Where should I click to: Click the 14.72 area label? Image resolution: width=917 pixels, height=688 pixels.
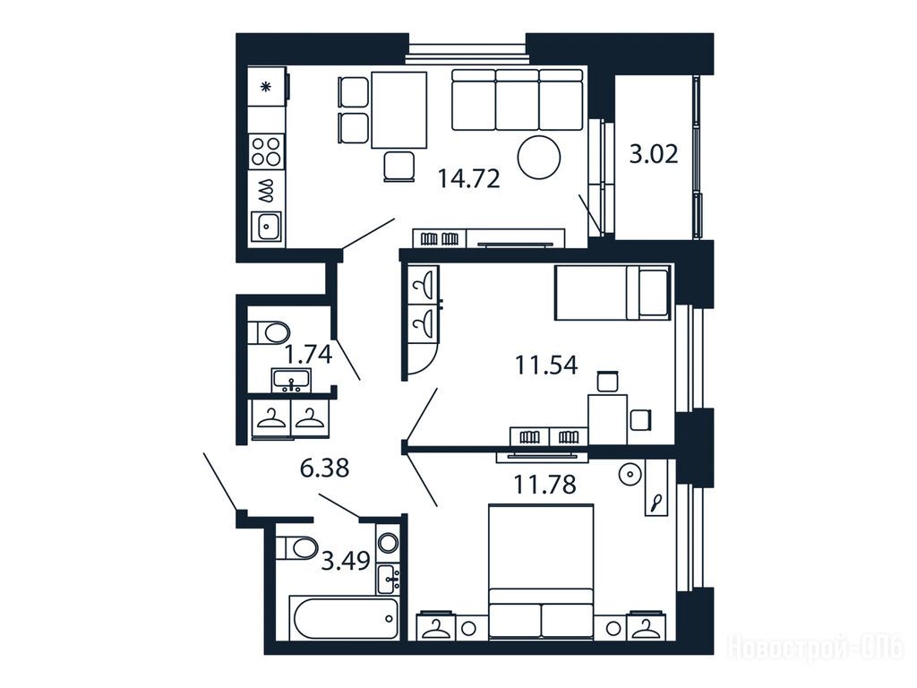[x=469, y=178]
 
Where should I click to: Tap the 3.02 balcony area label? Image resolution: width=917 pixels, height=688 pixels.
[x=654, y=154]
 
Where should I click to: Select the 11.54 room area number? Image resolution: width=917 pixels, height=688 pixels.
[x=546, y=365]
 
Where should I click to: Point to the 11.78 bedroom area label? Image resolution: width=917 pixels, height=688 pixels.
[x=544, y=485]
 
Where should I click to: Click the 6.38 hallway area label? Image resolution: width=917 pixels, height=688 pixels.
[x=324, y=468]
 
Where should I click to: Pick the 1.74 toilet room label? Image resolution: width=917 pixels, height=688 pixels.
[x=308, y=355]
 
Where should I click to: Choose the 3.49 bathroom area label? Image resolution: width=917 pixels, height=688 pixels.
[x=347, y=562]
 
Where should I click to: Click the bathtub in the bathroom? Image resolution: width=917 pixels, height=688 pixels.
[x=345, y=619]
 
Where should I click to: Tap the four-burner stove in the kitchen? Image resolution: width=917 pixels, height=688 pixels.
[x=266, y=150]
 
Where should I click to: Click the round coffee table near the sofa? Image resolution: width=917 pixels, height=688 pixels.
[x=538, y=157]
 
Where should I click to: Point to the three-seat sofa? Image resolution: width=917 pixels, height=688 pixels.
[x=518, y=99]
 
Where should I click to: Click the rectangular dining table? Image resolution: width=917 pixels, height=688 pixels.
[x=399, y=110]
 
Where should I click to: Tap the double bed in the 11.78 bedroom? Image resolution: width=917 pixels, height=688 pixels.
[x=541, y=571]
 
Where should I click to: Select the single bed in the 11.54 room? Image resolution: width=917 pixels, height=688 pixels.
[x=613, y=293]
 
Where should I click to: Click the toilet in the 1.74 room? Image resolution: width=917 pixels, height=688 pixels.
[x=269, y=333]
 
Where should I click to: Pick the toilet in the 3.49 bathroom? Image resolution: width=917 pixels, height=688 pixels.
[x=296, y=548]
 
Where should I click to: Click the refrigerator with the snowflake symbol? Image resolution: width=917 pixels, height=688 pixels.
[x=267, y=87]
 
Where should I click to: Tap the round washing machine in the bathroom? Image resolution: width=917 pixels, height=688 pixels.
[x=388, y=543]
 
